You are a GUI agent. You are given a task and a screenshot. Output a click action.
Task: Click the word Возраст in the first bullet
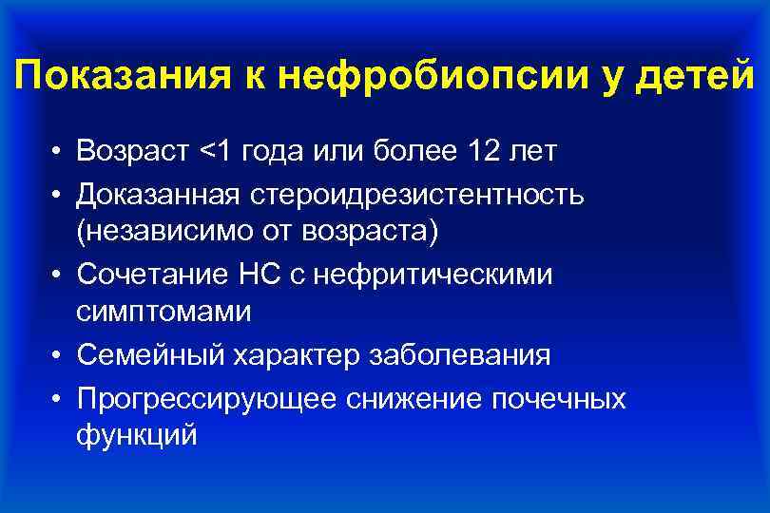[134, 151]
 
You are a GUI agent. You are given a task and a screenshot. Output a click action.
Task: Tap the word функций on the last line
[137, 436]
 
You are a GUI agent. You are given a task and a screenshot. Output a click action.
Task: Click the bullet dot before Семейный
[59, 356]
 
